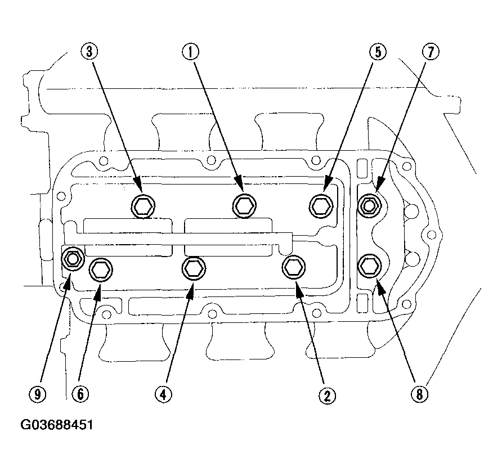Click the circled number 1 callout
(x=190, y=52)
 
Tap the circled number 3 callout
(x=89, y=51)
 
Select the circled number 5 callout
(x=378, y=52)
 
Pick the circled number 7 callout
(x=431, y=52)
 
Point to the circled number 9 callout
(x=38, y=394)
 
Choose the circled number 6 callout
(x=80, y=394)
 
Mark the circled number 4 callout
(x=163, y=394)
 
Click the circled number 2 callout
(x=327, y=396)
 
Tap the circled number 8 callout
(x=419, y=394)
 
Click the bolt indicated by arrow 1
(x=244, y=206)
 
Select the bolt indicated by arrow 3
(x=143, y=206)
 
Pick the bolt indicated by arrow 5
(x=321, y=206)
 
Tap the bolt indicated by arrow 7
(x=369, y=205)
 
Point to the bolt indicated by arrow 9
(x=73, y=259)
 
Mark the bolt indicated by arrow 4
(x=194, y=268)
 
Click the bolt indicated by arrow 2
(x=294, y=267)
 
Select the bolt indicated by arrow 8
(x=369, y=266)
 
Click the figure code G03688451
(x=57, y=425)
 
